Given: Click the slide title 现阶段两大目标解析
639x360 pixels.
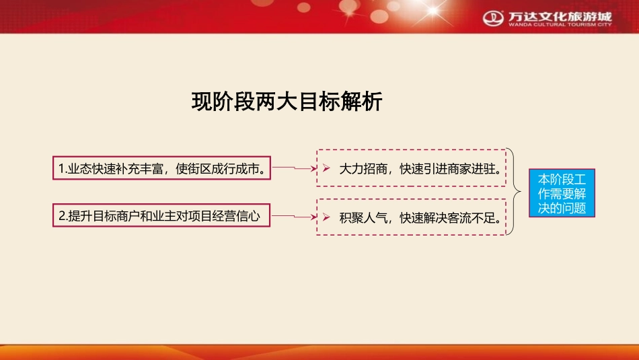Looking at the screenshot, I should click(287, 102).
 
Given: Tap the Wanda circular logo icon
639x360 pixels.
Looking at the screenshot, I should click(494, 16).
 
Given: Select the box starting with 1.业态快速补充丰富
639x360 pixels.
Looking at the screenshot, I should click(161, 168).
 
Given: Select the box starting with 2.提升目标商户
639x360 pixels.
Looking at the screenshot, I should click(161, 216).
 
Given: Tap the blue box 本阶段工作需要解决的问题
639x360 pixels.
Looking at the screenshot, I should click(562, 194).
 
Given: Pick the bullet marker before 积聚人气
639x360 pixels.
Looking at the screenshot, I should click(326, 217).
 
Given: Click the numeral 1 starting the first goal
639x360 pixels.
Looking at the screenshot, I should click(61, 168).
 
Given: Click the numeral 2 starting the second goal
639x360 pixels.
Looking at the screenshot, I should click(61, 216).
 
